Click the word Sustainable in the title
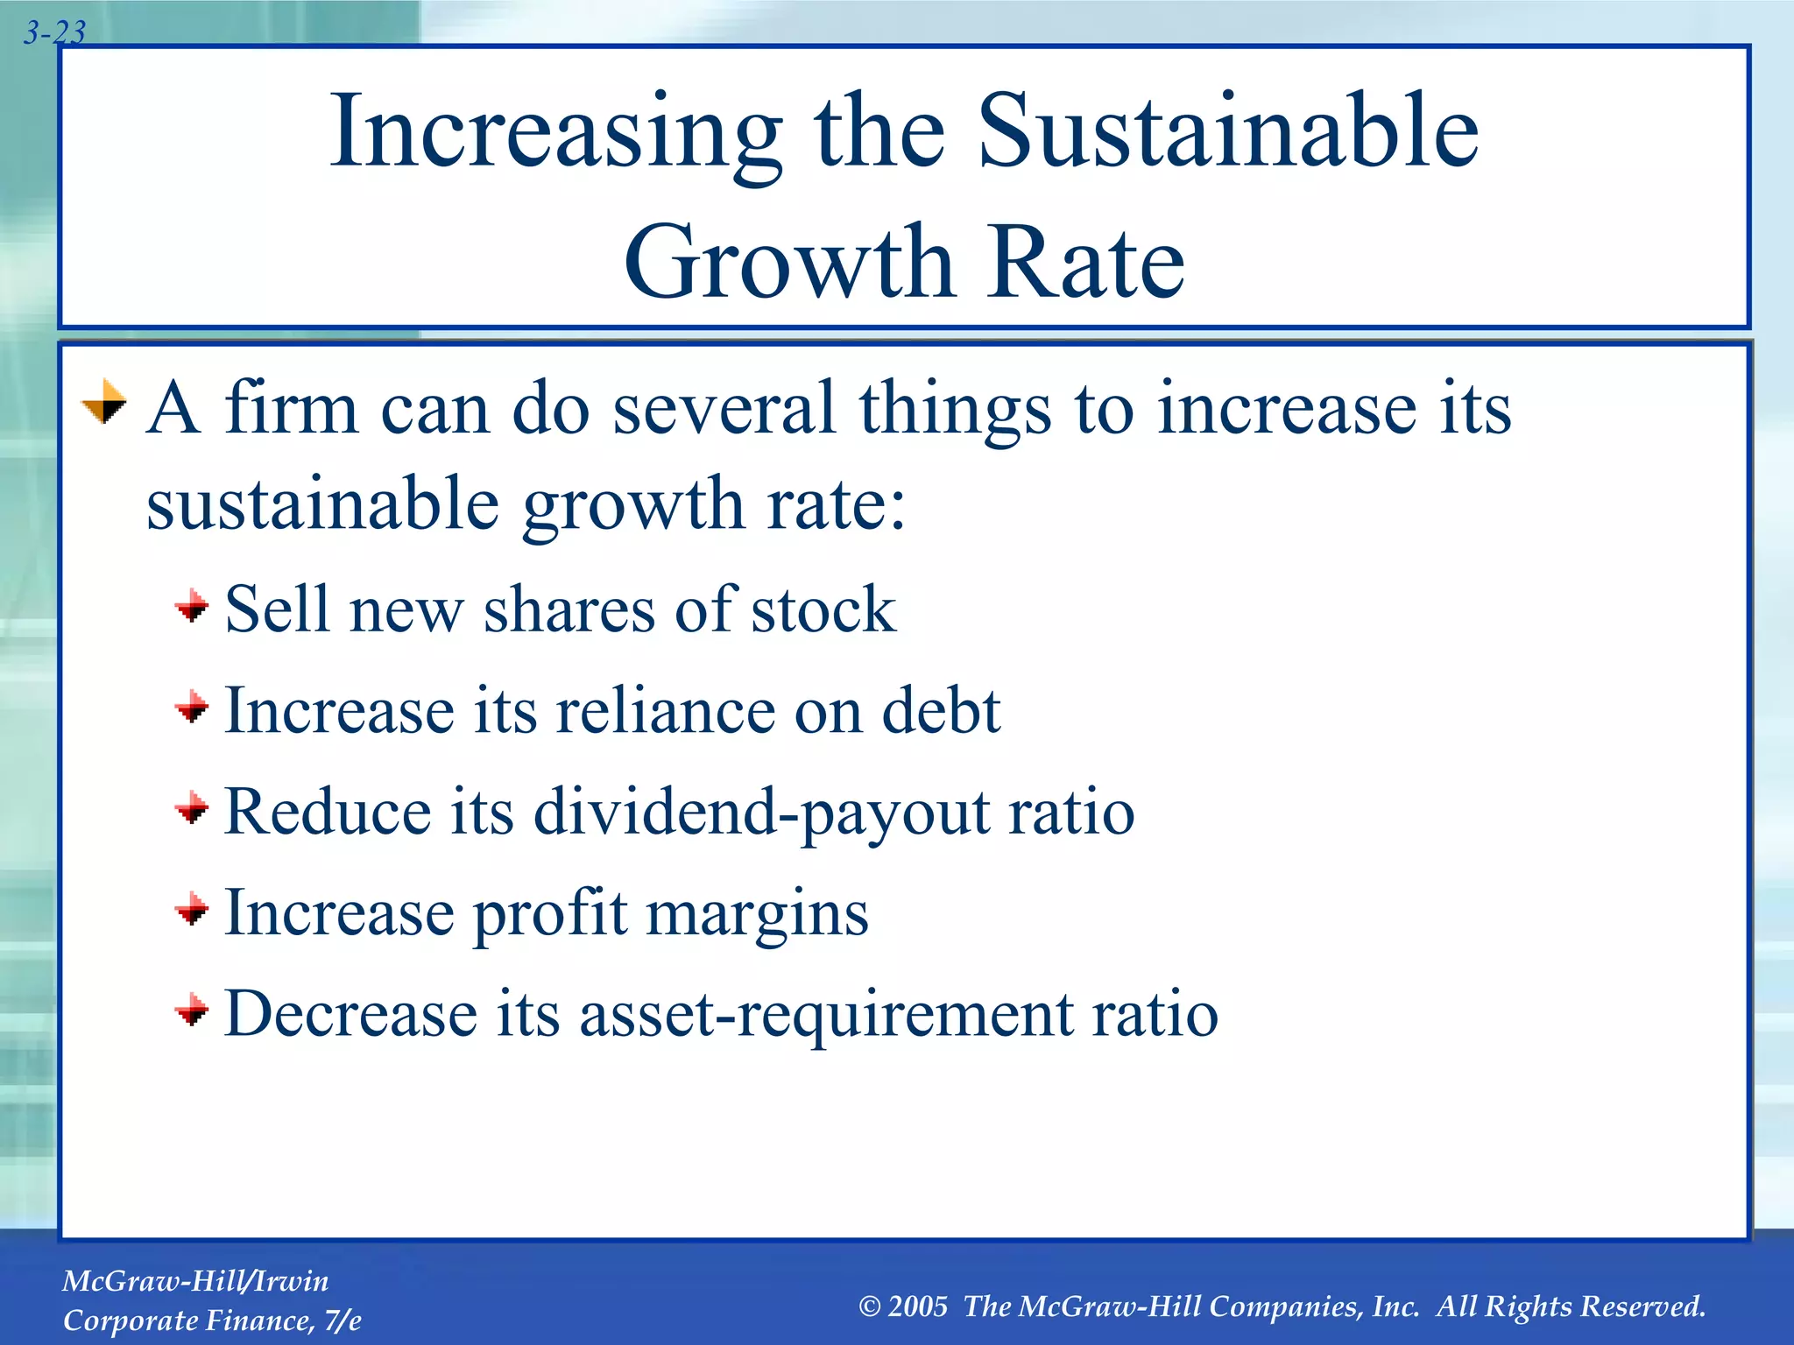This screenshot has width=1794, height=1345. [x=1227, y=131]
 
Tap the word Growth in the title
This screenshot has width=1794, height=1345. [x=788, y=262]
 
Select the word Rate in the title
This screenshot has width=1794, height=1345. [x=1085, y=262]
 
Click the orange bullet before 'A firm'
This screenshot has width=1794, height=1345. [x=104, y=403]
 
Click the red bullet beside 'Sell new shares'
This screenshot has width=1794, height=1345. [x=192, y=606]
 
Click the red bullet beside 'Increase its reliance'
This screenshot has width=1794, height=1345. [x=192, y=707]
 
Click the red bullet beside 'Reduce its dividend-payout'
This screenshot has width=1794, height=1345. [x=192, y=808]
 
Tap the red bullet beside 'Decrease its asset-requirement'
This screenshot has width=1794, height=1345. [x=192, y=1011]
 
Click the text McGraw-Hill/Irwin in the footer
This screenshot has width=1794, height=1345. [x=195, y=1281]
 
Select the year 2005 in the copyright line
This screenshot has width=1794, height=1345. [x=917, y=1306]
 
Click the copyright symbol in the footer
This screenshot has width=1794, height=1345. [x=869, y=1306]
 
